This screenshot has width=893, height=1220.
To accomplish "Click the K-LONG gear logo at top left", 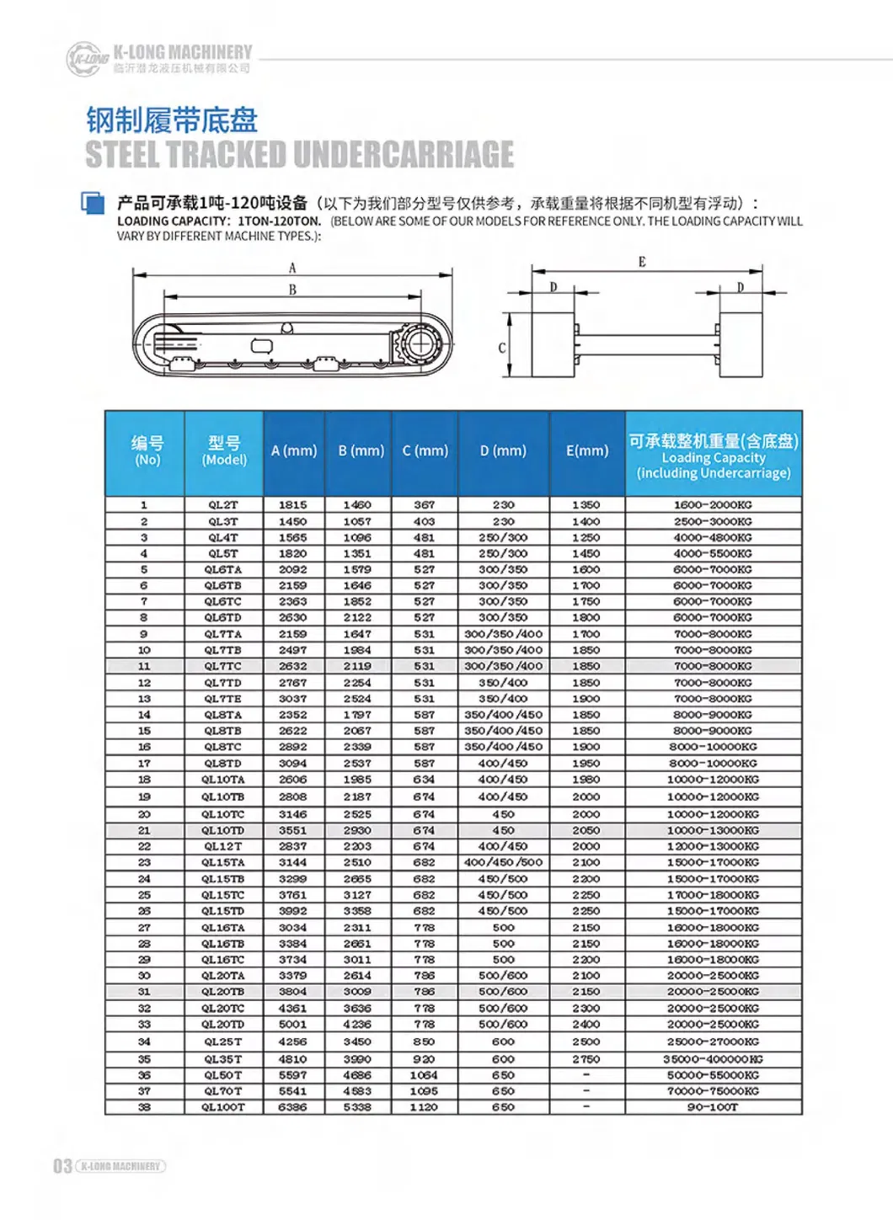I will (88, 59).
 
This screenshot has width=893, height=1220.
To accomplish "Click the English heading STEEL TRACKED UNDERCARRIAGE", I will (299, 154).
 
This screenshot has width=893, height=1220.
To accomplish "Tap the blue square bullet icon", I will (93, 203).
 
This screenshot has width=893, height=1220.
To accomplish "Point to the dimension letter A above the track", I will (292, 269).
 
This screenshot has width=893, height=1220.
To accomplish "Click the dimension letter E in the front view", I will (642, 262).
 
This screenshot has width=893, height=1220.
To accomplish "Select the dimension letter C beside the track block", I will (502, 347).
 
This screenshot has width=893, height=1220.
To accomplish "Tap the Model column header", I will (224, 451).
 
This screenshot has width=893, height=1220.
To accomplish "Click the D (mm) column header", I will (503, 451).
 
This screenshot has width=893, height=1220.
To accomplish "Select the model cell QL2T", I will (223, 505).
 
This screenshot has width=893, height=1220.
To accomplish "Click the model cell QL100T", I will (223, 1107).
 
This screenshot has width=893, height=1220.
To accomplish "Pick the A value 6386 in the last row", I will (293, 1107).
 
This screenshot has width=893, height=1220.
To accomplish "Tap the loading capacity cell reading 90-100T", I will (713, 1107).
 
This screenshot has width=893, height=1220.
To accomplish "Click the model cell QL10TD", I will (223, 830).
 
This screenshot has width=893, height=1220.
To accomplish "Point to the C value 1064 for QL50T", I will (424, 1075).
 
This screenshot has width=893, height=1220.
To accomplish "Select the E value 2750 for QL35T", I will (586, 1059).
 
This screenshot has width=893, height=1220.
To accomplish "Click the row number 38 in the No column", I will (144, 1107).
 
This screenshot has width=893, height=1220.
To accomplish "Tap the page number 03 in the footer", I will (62, 1166).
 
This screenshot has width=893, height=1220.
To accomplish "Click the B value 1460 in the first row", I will (357, 505).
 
